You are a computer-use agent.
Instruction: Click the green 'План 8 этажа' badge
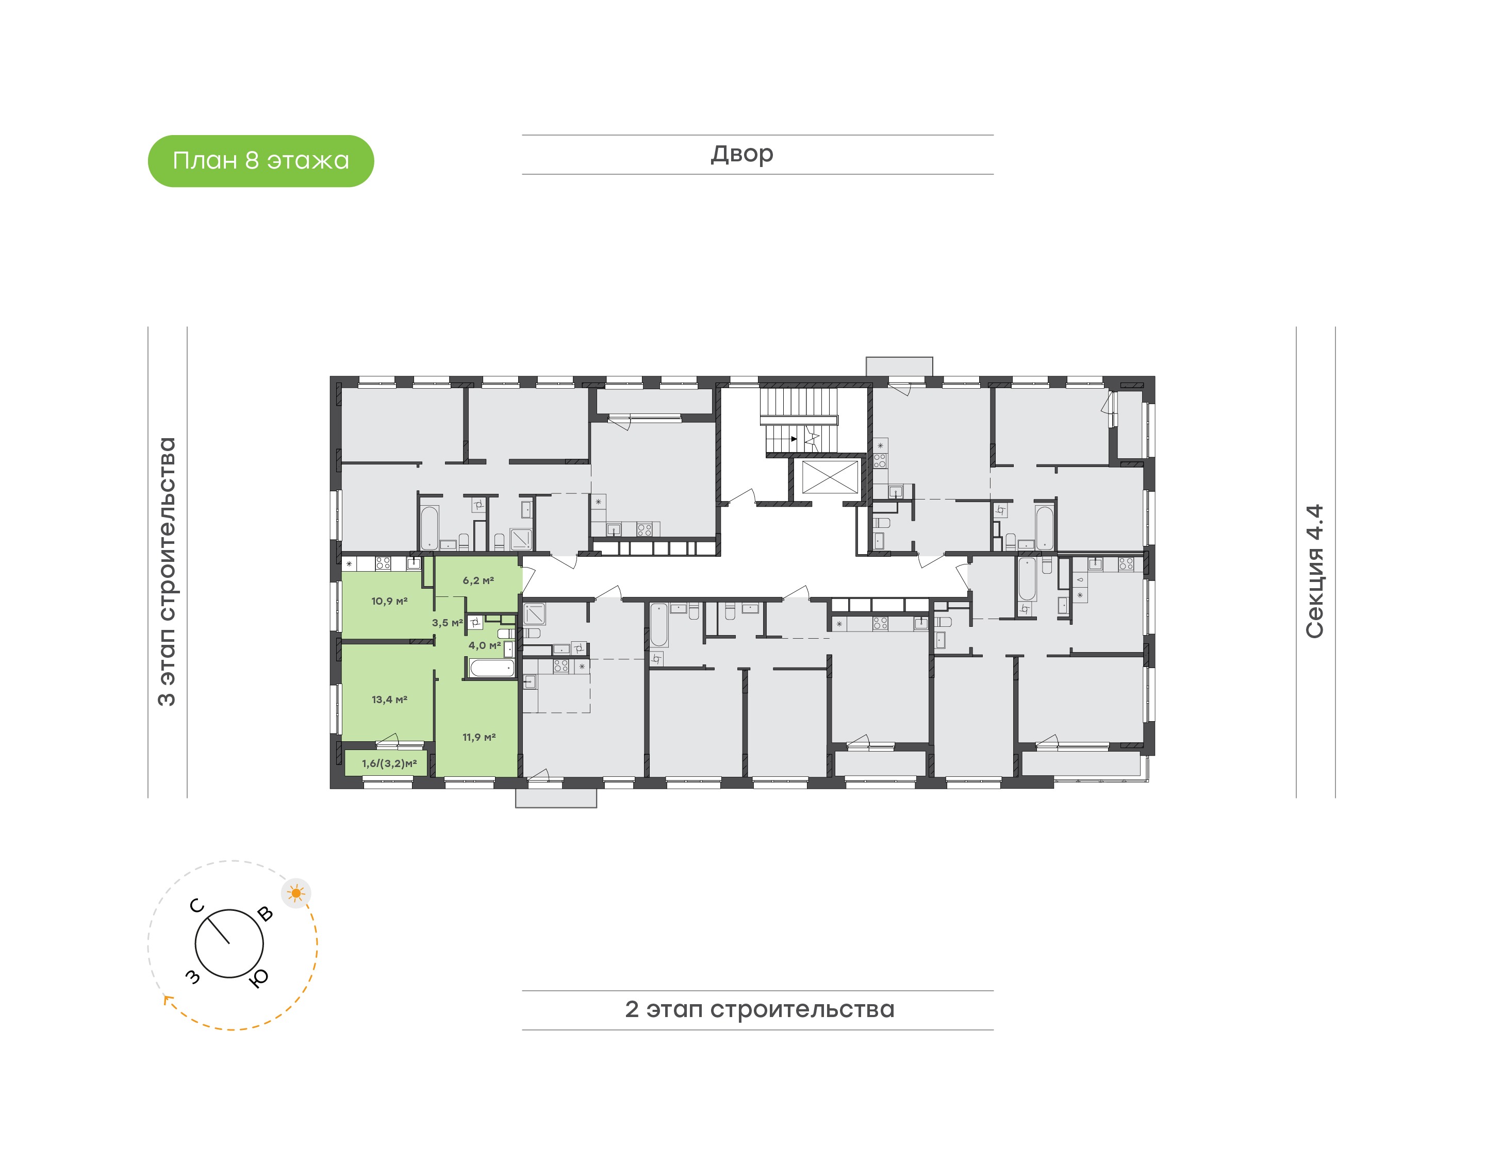pyautogui.click(x=260, y=161)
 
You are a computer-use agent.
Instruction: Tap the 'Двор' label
pyautogui.click(x=741, y=154)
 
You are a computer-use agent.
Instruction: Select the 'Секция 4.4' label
pyautogui.click(x=1314, y=572)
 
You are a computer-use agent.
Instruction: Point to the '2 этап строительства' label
pyautogui.click(x=759, y=1009)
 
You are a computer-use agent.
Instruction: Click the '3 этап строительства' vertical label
pyautogui.click(x=167, y=572)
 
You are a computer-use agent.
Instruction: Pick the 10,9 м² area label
pyautogui.click(x=389, y=601)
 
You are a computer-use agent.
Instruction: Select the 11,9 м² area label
pyautogui.click(x=479, y=737)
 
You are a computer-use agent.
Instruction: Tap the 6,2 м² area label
pyautogui.click(x=478, y=580)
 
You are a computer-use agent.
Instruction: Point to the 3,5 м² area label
pyautogui.click(x=447, y=623)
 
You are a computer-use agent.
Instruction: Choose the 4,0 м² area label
pyautogui.click(x=484, y=645)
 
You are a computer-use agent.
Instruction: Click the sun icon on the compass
pyautogui.click(x=296, y=893)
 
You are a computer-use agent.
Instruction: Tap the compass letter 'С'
pyautogui.click(x=197, y=906)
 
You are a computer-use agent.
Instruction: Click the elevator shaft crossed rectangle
pyautogui.click(x=830, y=477)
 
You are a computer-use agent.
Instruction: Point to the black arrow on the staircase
pyautogui.click(x=794, y=439)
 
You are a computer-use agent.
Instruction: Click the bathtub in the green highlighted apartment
pyautogui.click(x=492, y=668)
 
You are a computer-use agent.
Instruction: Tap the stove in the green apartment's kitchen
pyautogui.click(x=383, y=563)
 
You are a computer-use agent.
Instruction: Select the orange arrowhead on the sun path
pyautogui.click(x=167, y=1000)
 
